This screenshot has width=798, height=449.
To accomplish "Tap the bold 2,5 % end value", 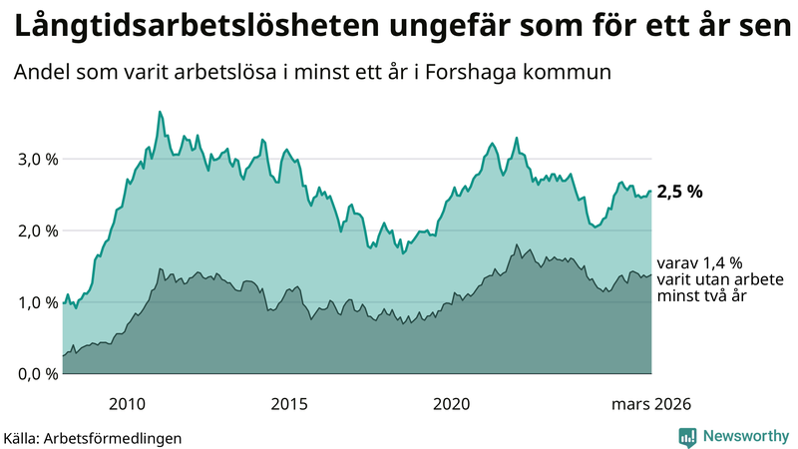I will tap(679, 192).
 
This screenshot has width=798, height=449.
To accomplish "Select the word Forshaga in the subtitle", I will tap(460, 73).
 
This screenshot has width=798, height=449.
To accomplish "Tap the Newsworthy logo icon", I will tap(687, 436).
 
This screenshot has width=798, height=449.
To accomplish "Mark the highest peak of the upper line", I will tap(160, 112).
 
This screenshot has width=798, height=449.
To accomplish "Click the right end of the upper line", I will tap(650, 192).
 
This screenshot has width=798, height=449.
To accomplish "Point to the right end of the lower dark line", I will tap(650, 275).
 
